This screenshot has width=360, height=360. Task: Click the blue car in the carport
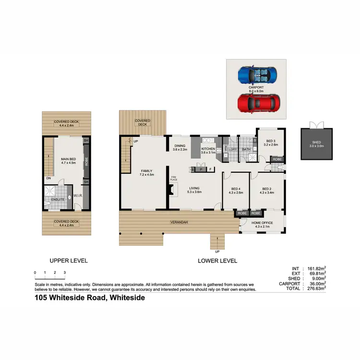257,75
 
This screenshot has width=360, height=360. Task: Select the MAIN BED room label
68,160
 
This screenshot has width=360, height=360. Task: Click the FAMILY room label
146,173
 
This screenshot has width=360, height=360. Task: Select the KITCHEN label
208,149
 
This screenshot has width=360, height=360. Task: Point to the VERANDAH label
178,223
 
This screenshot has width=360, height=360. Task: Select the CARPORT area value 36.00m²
316,283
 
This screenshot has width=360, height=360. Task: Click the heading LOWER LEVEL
217,261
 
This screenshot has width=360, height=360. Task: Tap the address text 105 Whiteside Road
89,298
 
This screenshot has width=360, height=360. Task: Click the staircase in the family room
126,156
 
